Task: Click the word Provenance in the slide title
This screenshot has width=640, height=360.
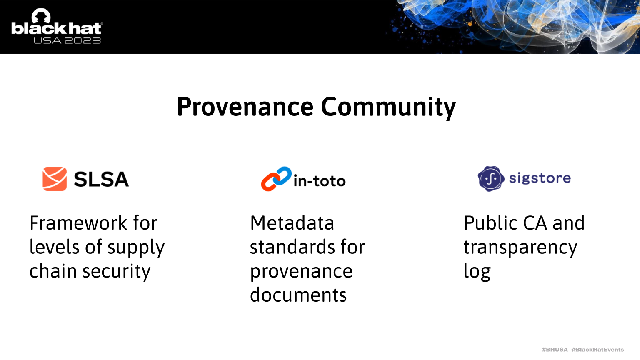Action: pos(245,107)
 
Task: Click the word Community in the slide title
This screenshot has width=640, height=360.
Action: pos(388,108)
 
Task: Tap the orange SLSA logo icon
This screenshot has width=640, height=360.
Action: pos(55,179)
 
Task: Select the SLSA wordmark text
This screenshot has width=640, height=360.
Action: pos(101,179)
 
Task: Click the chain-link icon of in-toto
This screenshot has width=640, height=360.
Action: pos(276,179)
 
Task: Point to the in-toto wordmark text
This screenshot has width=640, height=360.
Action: pos(320,181)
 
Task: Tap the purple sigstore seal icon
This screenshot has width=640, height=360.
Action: pos(491,179)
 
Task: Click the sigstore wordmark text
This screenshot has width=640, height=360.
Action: pos(540,179)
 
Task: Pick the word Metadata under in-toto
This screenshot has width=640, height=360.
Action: pos(292,223)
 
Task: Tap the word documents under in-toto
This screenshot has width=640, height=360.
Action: pos(298,295)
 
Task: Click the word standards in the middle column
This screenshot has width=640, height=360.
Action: pos(293,247)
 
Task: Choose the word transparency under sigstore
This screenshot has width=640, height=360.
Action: pos(520,248)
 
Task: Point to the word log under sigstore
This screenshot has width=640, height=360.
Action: pos(477,272)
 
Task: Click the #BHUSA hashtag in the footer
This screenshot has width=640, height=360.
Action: pos(555,350)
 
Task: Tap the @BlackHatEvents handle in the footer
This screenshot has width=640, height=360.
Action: pos(597,350)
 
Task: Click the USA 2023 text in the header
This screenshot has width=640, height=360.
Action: pos(67,40)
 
